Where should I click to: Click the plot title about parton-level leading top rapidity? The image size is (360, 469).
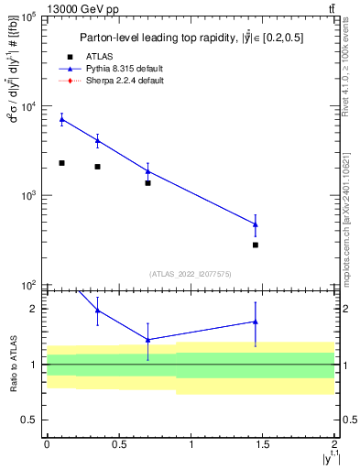pyautogui.click(x=191, y=38)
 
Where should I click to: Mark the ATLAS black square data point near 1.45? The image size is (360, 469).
pyautogui.click(x=256, y=245)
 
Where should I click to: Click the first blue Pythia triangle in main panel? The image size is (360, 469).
pyautogui.click(x=61, y=119)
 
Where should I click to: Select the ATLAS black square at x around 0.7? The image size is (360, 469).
pyautogui.click(x=147, y=183)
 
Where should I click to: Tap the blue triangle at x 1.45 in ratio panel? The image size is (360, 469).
pyautogui.click(x=256, y=322)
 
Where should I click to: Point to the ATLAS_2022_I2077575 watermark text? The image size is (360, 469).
pyautogui.click(x=191, y=273)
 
